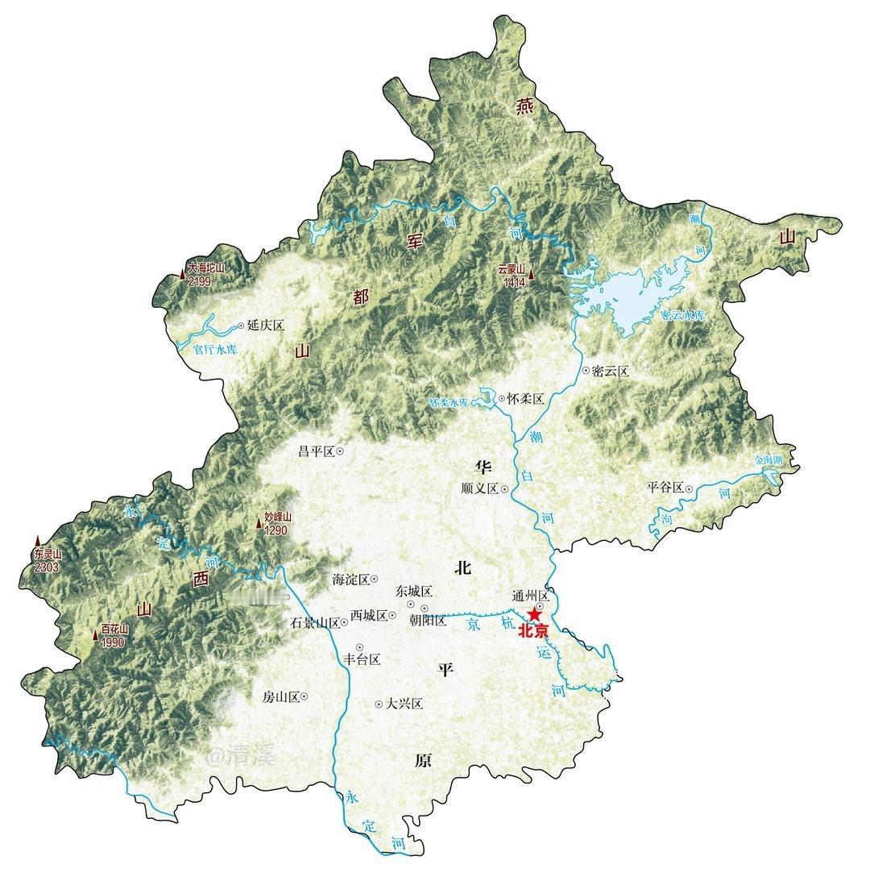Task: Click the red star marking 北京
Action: coord(534,615)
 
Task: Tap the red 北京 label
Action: coord(533,632)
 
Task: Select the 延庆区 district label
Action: coord(266,326)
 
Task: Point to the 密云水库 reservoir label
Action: coord(681,315)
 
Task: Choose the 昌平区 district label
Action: coord(316,451)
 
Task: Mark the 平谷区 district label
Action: coord(665,488)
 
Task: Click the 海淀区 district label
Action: coord(350,580)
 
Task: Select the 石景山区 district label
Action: coord(315,623)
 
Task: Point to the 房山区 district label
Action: coord(280,696)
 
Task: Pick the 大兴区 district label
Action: coord(404,704)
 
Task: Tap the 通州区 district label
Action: coord(530,596)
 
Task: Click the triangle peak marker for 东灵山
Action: coord(37,541)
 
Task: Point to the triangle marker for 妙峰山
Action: coord(259,525)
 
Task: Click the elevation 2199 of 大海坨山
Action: coord(200,281)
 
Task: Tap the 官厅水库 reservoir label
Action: coord(216,351)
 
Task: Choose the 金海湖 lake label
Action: coord(768,460)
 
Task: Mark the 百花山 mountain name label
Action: coord(115,630)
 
